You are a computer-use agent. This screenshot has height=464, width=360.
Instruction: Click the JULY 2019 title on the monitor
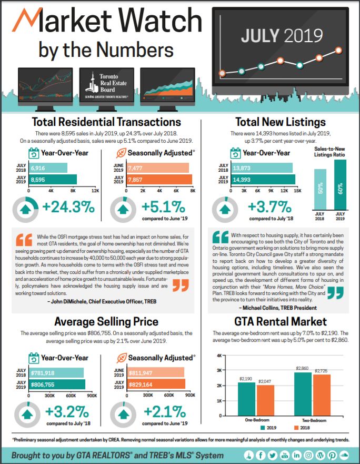(282, 36)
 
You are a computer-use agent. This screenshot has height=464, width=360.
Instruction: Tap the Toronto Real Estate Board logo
(106, 85)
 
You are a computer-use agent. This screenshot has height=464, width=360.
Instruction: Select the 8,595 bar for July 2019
(53, 180)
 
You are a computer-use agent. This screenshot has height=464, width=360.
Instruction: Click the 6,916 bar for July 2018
(48, 168)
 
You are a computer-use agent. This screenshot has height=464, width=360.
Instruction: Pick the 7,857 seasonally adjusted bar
(159, 180)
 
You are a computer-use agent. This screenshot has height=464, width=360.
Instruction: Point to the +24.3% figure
(68, 207)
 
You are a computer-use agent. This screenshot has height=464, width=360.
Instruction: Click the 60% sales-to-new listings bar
(340, 185)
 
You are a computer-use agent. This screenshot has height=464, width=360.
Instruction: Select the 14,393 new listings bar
(263, 180)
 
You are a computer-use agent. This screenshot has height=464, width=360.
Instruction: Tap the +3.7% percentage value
(270, 207)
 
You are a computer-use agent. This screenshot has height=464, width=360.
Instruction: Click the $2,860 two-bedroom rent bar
(303, 394)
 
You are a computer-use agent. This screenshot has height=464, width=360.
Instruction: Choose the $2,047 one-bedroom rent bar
(265, 401)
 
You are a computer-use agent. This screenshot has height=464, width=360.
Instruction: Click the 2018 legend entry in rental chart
(302, 428)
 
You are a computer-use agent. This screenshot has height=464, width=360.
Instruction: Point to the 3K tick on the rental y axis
(219, 370)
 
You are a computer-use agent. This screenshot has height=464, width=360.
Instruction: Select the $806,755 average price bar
(57, 384)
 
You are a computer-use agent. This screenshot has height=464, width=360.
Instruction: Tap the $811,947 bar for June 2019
(156, 373)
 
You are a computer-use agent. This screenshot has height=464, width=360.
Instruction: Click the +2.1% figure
(165, 412)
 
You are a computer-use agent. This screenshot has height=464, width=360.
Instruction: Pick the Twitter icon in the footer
(273, 455)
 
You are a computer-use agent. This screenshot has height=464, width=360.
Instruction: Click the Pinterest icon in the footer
(332, 455)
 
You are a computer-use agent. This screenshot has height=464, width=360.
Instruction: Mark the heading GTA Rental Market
(281, 322)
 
